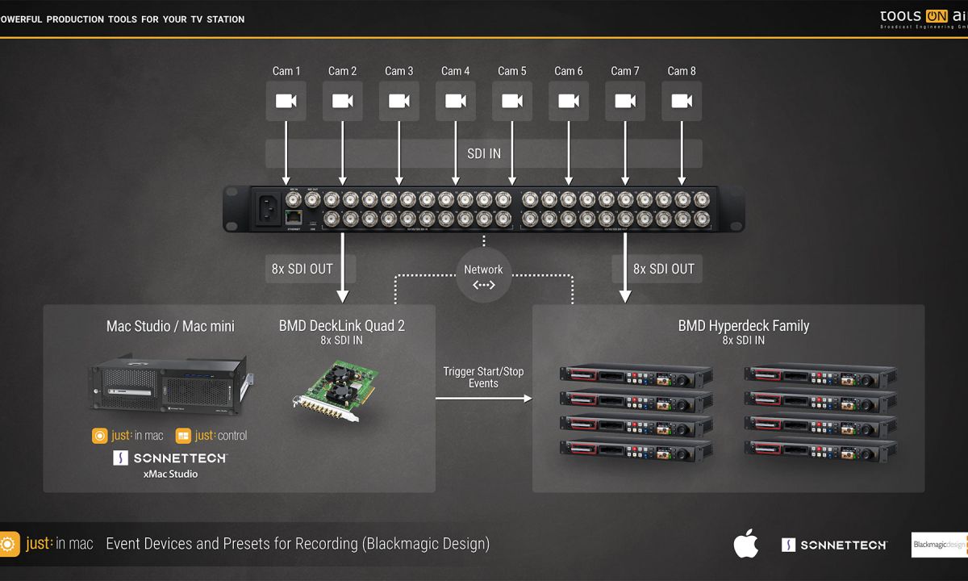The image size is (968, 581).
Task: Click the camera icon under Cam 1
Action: pos(286,101)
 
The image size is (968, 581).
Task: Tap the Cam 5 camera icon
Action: pos(511,101)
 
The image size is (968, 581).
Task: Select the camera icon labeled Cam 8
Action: pos(682,101)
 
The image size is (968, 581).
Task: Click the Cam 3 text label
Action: pos(398,71)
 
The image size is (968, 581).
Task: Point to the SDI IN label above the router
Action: pos(483,153)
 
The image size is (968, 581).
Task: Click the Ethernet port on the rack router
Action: pos(294,216)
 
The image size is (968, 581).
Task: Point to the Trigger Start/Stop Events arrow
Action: pos(484,398)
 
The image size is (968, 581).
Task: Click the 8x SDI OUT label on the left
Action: pos(302,269)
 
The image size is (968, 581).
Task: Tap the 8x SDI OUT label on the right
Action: pos(664,269)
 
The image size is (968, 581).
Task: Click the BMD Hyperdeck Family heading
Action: pos(743,326)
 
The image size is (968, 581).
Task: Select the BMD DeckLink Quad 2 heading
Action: pos(341,326)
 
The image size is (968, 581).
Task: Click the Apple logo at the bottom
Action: pos(745,545)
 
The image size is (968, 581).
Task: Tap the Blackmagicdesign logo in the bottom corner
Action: pos(939,545)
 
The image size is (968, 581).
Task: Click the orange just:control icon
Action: pos(183,436)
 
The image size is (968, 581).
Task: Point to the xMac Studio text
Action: pos(170,474)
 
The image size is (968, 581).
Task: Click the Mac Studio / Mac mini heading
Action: pos(170,326)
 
